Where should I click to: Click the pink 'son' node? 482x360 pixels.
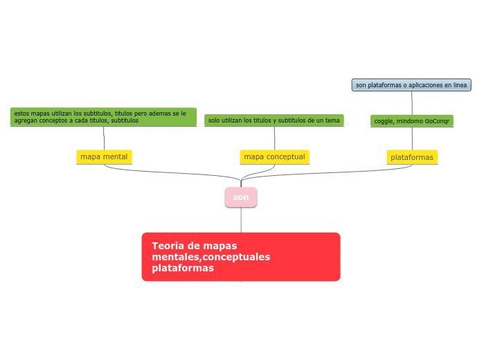click(241, 197)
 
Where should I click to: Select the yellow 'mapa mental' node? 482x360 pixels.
click(104, 157)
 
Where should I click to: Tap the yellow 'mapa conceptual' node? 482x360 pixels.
click(274, 157)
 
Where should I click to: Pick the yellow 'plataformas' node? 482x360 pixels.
click(412, 157)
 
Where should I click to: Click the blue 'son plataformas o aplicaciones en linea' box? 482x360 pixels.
click(411, 85)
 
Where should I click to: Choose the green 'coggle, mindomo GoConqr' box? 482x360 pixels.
click(411, 121)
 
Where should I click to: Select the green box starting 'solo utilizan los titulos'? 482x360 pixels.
click(274, 120)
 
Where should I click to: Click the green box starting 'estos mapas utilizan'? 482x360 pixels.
click(103, 116)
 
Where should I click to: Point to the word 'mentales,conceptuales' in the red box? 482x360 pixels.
click(211, 257)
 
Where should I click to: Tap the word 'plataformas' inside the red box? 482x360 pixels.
click(182, 268)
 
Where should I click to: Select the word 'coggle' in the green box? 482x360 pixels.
click(384, 121)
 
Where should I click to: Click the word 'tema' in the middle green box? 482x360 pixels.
click(333, 120)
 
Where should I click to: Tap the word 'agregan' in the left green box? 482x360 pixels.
click(25, 120)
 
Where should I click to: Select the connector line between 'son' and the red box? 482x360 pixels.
click(241, 219)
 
